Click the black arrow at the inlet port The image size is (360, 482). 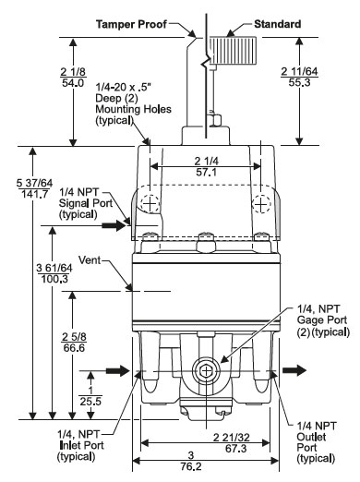coord(118,371)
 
